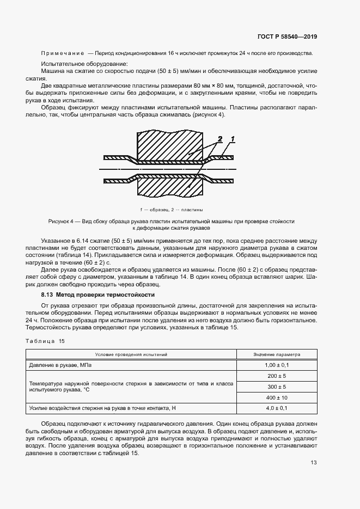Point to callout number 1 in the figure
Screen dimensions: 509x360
point(231,139)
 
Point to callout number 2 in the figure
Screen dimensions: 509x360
point(219,139)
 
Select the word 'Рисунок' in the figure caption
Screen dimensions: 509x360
point(60,222)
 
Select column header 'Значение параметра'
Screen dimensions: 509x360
point(276,354)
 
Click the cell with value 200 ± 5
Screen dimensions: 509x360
point(276,376)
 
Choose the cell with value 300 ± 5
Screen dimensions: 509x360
point(276,387)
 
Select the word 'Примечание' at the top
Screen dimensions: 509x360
point(62,53)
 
